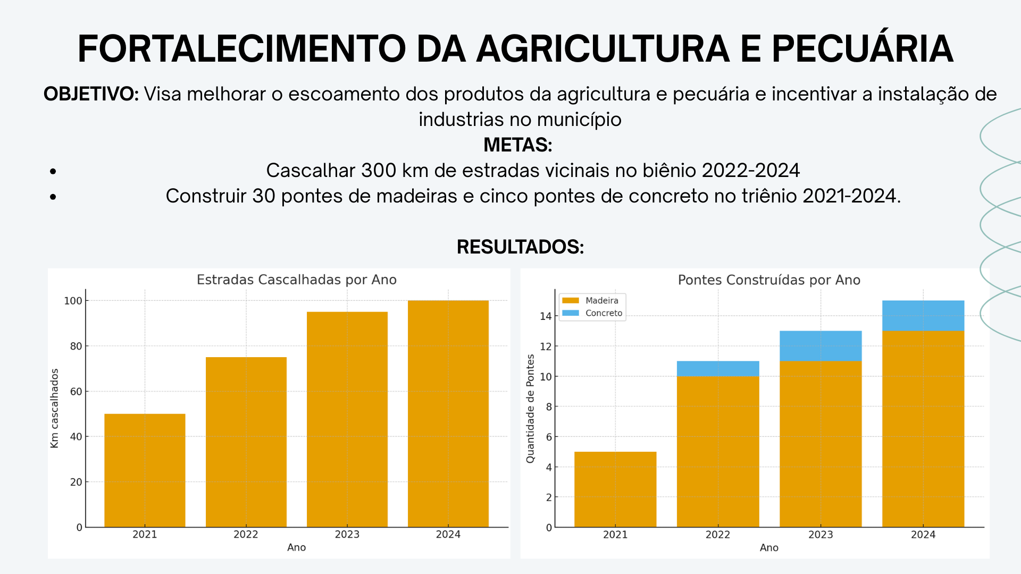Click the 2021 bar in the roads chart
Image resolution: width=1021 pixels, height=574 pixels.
[145, 470]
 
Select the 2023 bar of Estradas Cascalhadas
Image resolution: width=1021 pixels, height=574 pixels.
[347, 419]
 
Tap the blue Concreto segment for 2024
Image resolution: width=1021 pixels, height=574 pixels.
[923, 316]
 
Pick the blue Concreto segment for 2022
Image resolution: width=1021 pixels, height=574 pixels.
[718, 369]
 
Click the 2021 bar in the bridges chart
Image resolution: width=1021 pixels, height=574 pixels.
[615, 489]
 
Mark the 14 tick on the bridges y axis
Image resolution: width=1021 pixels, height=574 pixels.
[546, 316]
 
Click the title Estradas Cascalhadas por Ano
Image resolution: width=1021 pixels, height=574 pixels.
[297, 280]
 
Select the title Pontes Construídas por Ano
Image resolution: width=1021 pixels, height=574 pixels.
[769, 280]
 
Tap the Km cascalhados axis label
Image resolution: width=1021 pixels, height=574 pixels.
[54, 408]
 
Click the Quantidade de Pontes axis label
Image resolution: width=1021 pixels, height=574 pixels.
[530, 408]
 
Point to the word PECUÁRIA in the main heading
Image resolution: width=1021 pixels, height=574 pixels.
[862, 49]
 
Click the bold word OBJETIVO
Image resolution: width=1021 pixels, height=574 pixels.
[91, 94]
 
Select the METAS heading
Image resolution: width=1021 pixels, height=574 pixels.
[518, 145]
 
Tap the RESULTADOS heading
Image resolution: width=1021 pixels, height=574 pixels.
[520, 247]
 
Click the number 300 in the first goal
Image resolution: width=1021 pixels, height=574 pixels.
[379, 171]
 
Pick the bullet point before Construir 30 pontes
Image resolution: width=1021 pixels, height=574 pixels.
[53, 197]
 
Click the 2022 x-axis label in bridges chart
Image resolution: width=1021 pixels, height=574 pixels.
[718, 535]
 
